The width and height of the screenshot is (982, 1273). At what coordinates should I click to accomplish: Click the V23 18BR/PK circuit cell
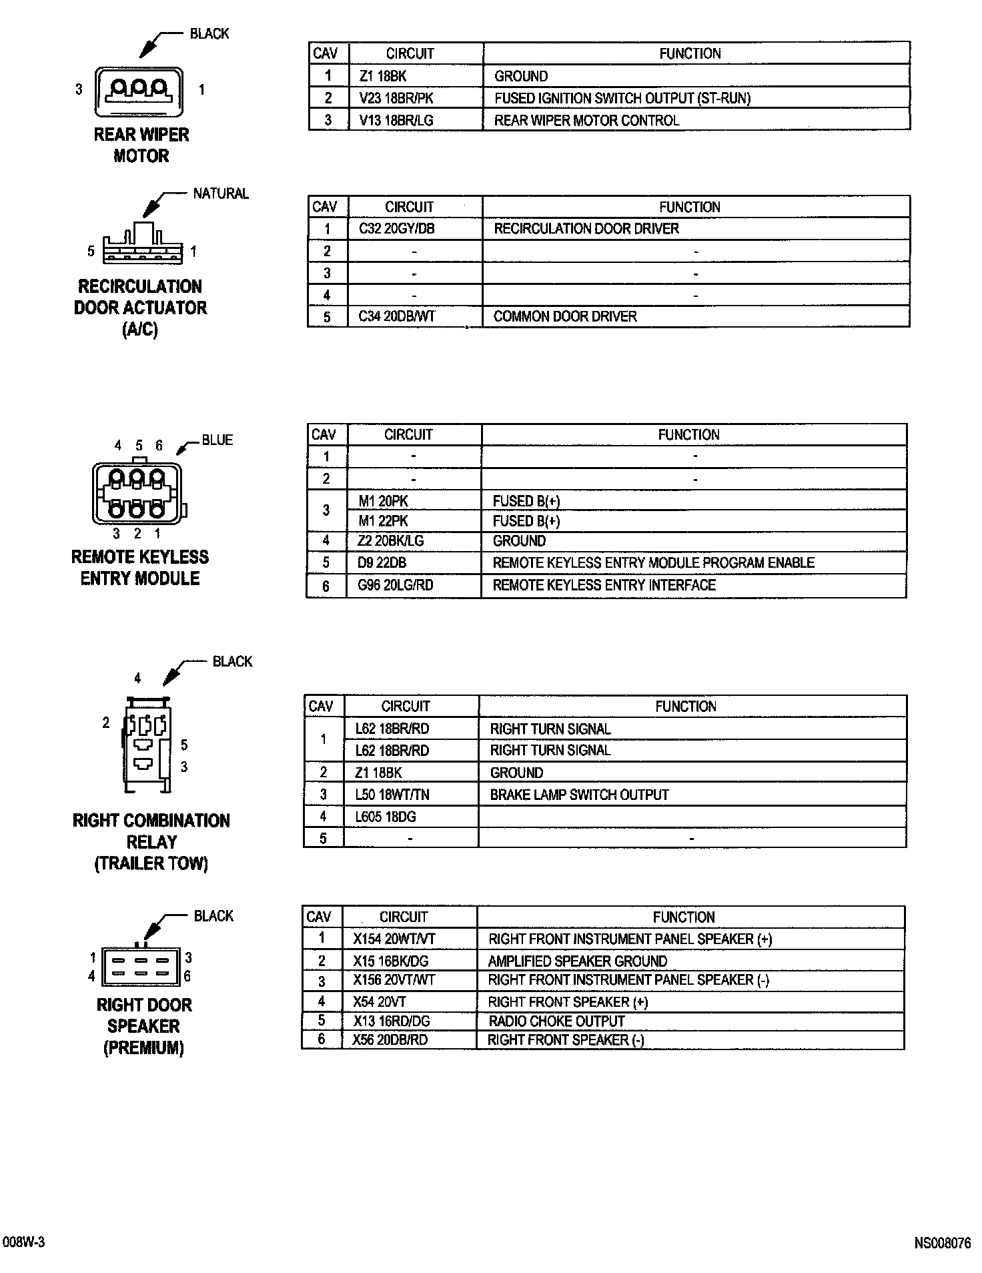396,98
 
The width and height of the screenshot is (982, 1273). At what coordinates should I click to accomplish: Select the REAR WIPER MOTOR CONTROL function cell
586,121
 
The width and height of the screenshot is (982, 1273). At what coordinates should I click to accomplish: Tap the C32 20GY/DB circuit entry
396,229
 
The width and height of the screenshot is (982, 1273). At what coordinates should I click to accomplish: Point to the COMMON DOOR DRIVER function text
565,316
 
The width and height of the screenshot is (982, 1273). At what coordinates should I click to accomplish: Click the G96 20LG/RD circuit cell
395,585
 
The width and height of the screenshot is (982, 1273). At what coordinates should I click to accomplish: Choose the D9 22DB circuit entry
382,562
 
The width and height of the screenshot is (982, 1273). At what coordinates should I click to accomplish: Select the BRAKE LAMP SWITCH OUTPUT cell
579,795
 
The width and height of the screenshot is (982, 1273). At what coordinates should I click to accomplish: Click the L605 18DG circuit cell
386,817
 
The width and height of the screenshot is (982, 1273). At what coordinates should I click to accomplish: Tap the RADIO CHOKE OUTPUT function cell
556,1021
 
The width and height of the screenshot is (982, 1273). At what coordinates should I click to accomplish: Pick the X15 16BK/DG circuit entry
390,961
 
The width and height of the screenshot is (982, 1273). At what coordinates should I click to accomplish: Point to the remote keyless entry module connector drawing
138,494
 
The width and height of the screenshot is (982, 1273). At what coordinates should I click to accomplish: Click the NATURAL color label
221,193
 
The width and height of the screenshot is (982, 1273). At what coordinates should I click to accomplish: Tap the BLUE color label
217,440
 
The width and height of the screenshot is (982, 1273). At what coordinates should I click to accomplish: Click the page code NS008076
942,1242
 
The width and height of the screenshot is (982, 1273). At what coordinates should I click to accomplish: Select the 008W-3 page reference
23,1242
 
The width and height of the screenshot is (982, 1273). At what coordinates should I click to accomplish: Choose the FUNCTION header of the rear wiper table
690,53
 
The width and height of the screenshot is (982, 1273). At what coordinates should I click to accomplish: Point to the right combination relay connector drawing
147,744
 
